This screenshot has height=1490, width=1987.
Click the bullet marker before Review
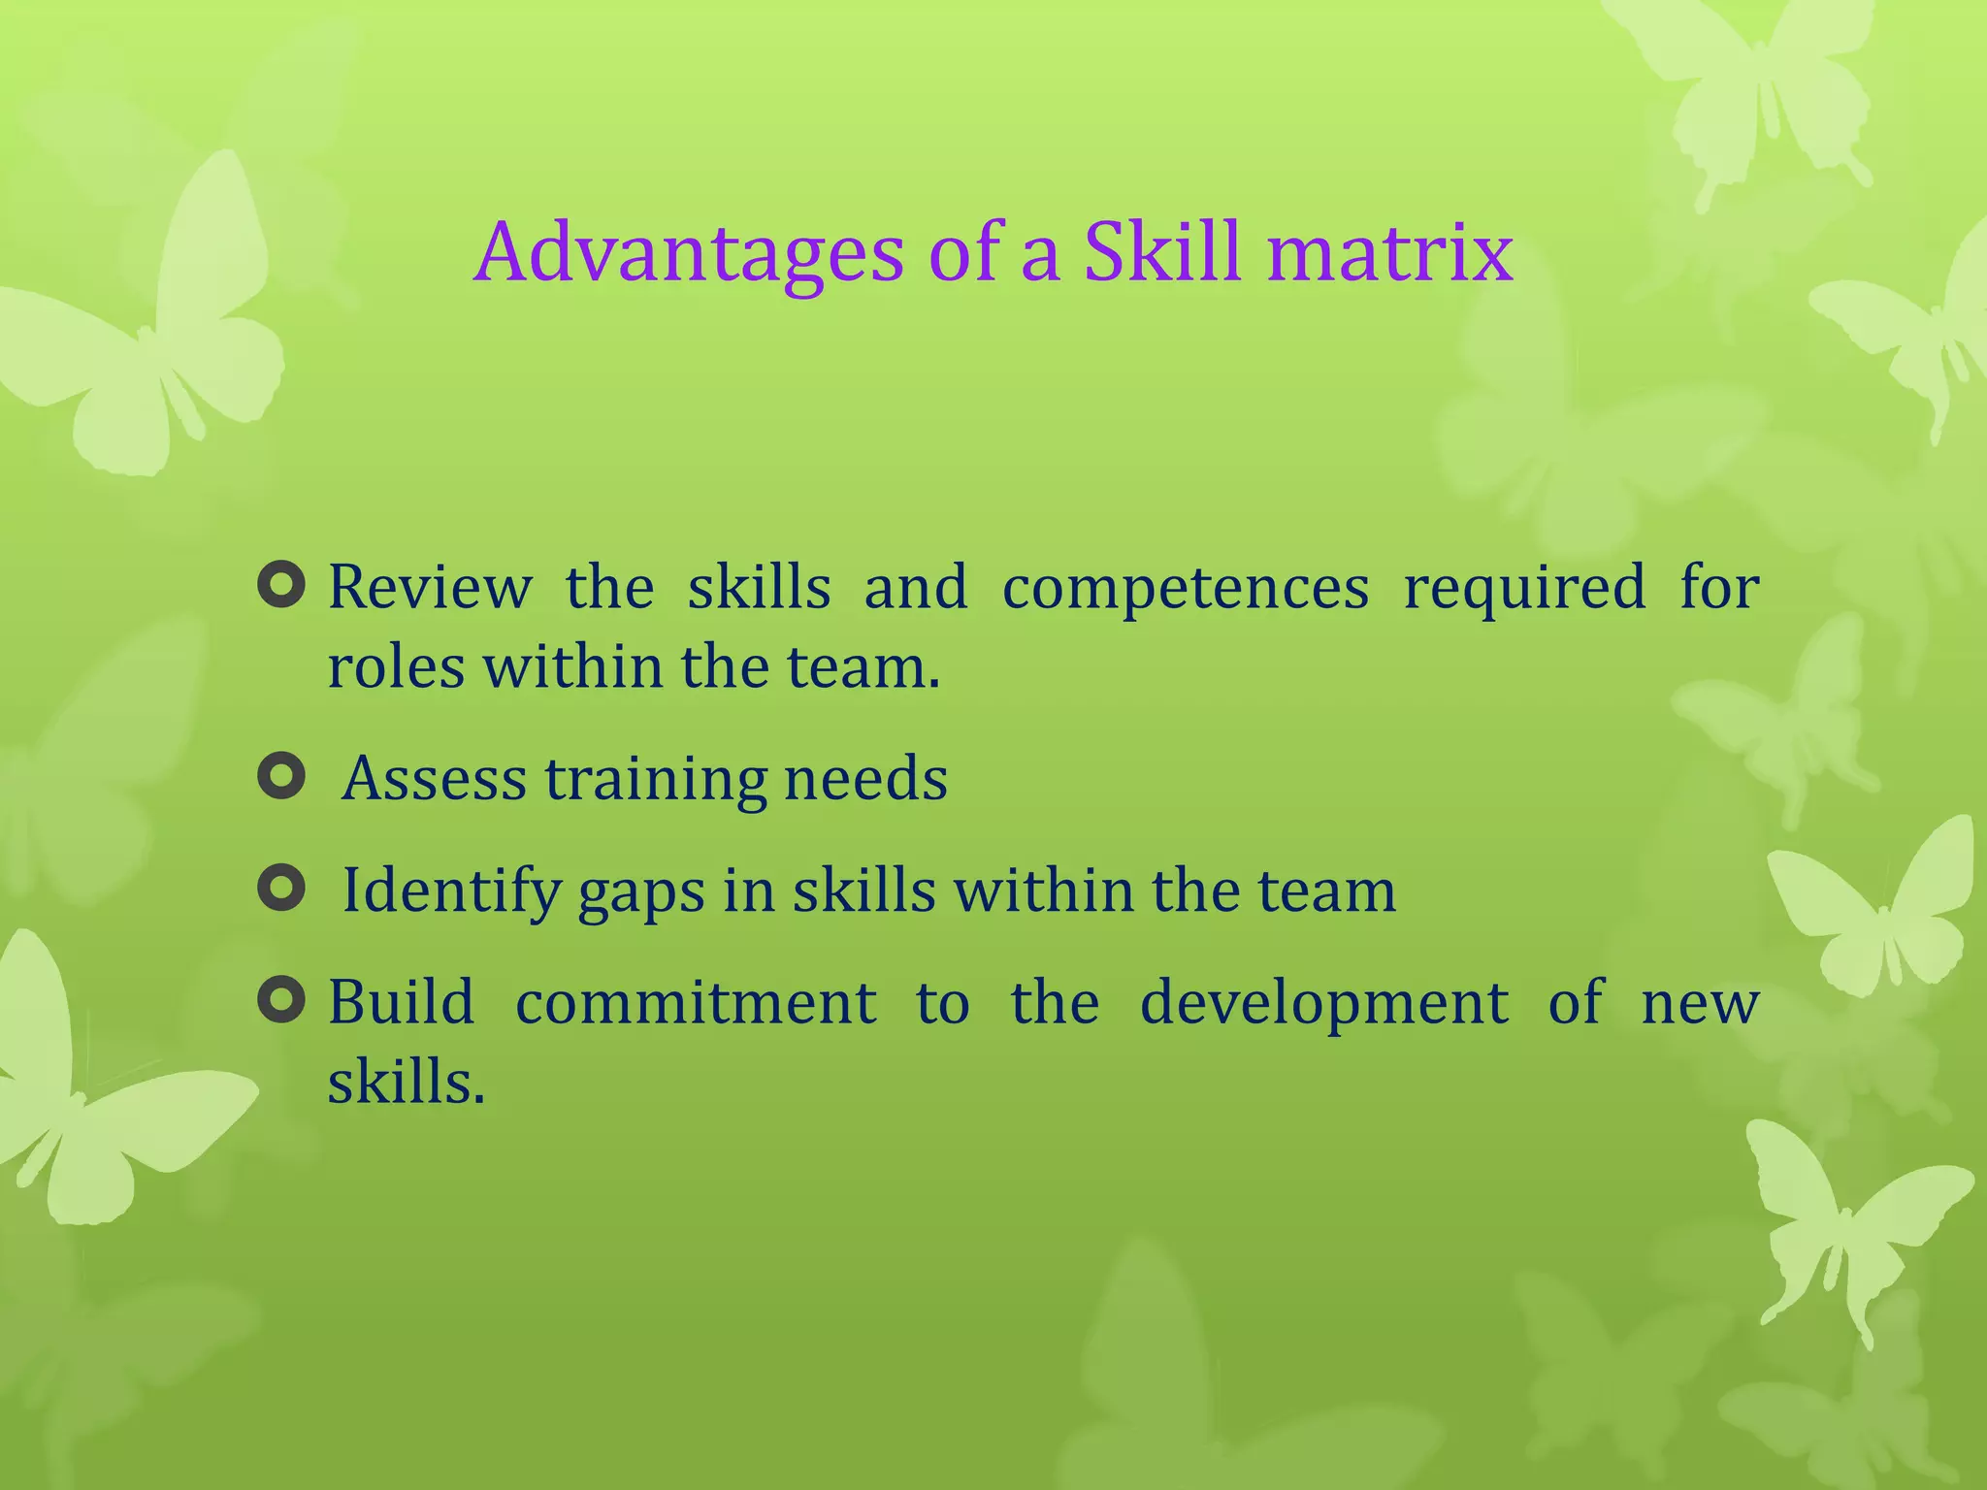click(282, 586)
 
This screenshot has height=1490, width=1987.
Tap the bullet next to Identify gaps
click(282, 889)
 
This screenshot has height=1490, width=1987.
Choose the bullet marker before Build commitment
click(282, 1000)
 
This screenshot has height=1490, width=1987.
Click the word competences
click(1185, 588)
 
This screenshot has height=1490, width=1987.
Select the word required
click(1524, 588)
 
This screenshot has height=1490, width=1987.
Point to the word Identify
click(451, 891)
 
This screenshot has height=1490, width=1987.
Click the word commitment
click(696, 1002)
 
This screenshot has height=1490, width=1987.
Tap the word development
click(1323, 1004)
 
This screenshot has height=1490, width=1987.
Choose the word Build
click(401, 1002)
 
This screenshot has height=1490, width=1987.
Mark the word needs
click(865, 778)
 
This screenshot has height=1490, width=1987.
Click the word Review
click(430, 588)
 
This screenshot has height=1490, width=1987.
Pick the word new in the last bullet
click(1700, 1004)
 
